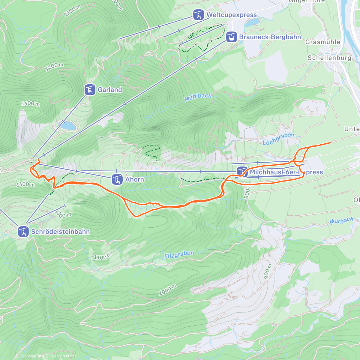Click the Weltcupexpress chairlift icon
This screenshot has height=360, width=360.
198,15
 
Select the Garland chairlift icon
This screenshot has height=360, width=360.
90,90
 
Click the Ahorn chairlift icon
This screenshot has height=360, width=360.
117,179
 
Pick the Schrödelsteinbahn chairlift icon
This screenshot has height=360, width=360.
23,232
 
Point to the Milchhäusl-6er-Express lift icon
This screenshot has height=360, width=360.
242,172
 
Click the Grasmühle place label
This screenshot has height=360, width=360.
322,42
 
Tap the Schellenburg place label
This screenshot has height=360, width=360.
329,58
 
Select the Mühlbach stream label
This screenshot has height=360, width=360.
198,97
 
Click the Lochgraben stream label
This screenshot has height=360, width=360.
278,139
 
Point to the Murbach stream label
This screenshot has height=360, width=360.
341,221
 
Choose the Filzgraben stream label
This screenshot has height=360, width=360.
179,255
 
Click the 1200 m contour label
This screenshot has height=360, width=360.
54,67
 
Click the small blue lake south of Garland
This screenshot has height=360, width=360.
68,126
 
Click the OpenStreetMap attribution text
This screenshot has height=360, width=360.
63,356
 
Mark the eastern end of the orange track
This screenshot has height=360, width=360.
330,142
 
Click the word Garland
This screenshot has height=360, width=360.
110,90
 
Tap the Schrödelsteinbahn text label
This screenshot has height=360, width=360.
60,232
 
